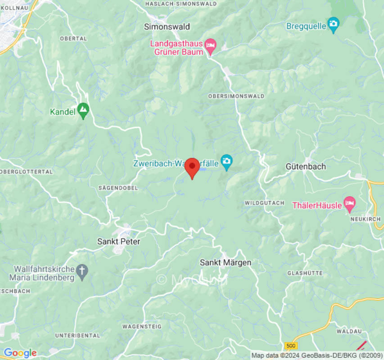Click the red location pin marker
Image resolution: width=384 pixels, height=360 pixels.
[192, 167]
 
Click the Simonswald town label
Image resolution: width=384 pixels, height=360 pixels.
[167, 27]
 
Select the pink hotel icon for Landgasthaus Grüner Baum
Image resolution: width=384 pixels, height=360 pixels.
[210, 45]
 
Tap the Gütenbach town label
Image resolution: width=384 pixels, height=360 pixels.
[306, 166]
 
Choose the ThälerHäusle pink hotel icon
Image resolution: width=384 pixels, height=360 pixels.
[349, 204]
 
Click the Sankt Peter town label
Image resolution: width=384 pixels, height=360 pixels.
[119, 242]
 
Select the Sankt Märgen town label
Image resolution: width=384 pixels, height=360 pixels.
[226, 262]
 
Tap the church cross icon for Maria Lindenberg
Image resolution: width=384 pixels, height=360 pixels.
[82, 271]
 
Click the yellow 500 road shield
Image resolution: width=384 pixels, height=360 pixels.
[291, 346]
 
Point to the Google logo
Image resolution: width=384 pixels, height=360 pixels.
[19, 353]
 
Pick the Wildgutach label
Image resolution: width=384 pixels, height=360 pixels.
[264, 203]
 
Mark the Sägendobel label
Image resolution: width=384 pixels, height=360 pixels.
[118, 188]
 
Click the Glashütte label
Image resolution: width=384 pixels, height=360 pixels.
[304, 273]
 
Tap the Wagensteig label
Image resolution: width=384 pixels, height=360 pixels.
[142, 326]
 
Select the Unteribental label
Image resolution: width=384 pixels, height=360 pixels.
[77, 335]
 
